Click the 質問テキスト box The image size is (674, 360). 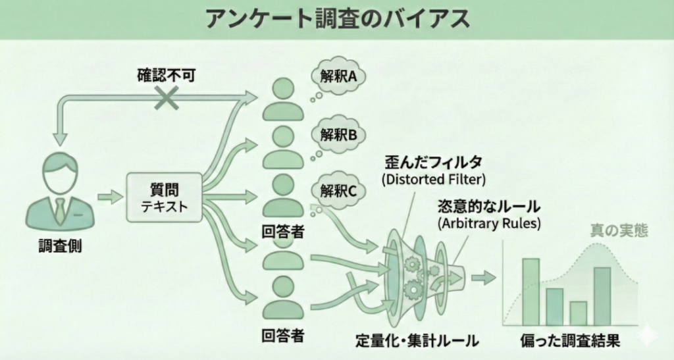164,197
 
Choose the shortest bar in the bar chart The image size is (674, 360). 578,313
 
